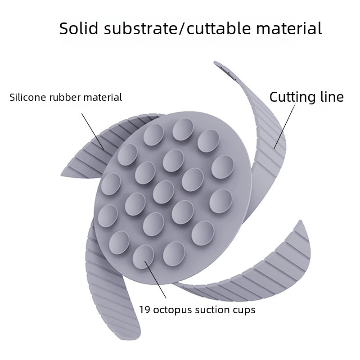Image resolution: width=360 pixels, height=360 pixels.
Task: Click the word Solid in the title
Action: coord(78,28)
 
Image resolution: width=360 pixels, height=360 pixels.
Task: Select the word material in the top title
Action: coord(289,28)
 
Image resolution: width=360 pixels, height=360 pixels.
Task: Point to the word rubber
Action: coord(65,97)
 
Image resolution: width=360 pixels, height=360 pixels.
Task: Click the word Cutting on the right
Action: coord(292,97)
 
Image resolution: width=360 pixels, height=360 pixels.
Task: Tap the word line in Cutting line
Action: coord(332,97)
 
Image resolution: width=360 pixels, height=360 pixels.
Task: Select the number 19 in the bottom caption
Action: coord(145,310)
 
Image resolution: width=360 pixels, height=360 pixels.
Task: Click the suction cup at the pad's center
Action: coord(163,192)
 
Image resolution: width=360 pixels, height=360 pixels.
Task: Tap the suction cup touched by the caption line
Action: coord(143,256)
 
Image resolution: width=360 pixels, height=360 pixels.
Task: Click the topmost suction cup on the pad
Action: coord(183,130)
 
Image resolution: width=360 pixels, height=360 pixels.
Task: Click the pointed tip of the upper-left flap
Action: coord(61,175)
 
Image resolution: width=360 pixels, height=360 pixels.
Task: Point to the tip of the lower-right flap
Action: coord(300,221)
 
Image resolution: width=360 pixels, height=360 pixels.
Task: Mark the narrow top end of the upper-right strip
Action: coord(215,62)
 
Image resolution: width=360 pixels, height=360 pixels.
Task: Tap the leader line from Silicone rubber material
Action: coord(93,132)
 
